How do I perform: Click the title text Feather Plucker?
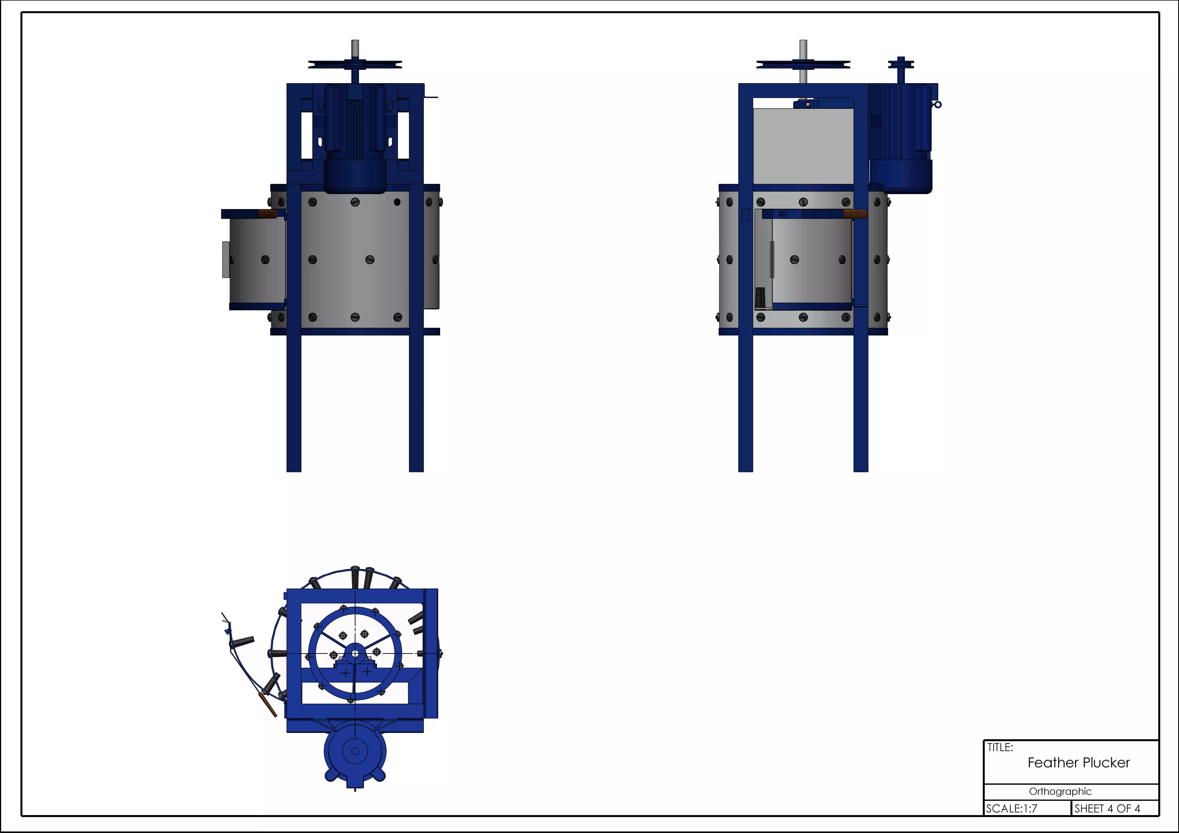click(x=1078, y=763)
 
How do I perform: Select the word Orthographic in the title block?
click(x=1060, y=791)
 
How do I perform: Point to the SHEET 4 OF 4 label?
click(x=1107, y=808)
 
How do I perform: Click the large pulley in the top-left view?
click(x=355, y=64)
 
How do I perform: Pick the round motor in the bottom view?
click(x=355, y=751)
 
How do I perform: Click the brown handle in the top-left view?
click(x=268, y=214)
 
